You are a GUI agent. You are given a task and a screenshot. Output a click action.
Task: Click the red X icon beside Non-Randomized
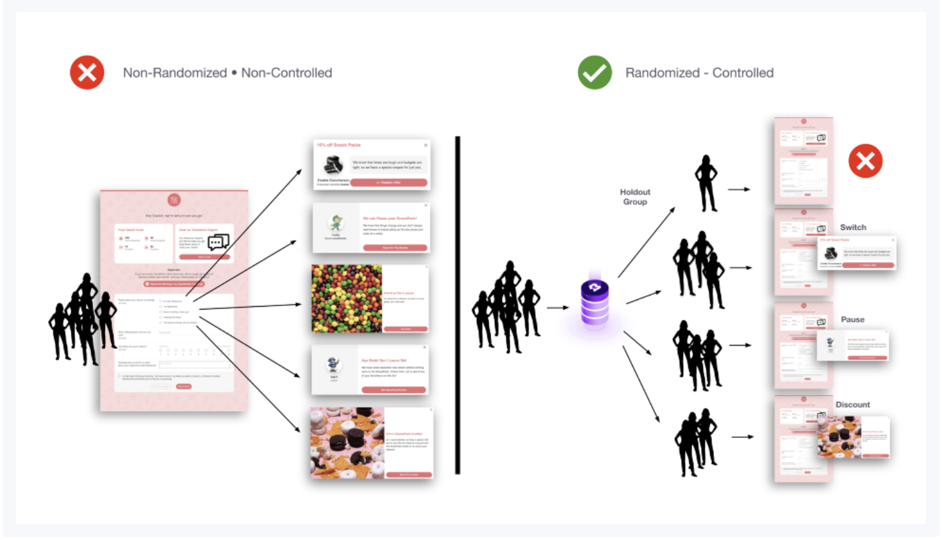(x=87, y=72)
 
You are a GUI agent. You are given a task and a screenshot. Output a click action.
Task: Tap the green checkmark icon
(x=595, y=72)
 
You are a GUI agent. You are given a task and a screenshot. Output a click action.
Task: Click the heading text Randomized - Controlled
(x=699, y=73)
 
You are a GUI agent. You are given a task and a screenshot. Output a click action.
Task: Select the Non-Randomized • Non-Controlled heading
(x=227, y=73)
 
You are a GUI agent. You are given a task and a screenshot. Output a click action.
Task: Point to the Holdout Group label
(x=635, y=196)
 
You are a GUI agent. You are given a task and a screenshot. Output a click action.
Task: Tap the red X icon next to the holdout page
(x=865, y=161)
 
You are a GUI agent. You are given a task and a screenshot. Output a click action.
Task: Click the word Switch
(x=853, y=227)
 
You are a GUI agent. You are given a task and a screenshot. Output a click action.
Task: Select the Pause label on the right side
(x=852, y=319)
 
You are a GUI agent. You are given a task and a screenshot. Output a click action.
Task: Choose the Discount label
(x=852, y=404)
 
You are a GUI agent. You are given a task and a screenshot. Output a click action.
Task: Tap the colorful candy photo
(x=347, y=299)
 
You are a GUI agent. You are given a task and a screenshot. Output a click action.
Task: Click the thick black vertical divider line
(x=458, y=305)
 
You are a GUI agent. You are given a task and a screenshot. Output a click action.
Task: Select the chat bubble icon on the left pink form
(x=218, y=242)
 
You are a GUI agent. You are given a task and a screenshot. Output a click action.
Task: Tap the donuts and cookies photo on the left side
(x=346, y=442)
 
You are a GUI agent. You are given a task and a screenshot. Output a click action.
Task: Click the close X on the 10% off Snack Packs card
(x=426, y=144)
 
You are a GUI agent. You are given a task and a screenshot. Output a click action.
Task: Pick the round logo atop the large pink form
(x=174, y=200)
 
